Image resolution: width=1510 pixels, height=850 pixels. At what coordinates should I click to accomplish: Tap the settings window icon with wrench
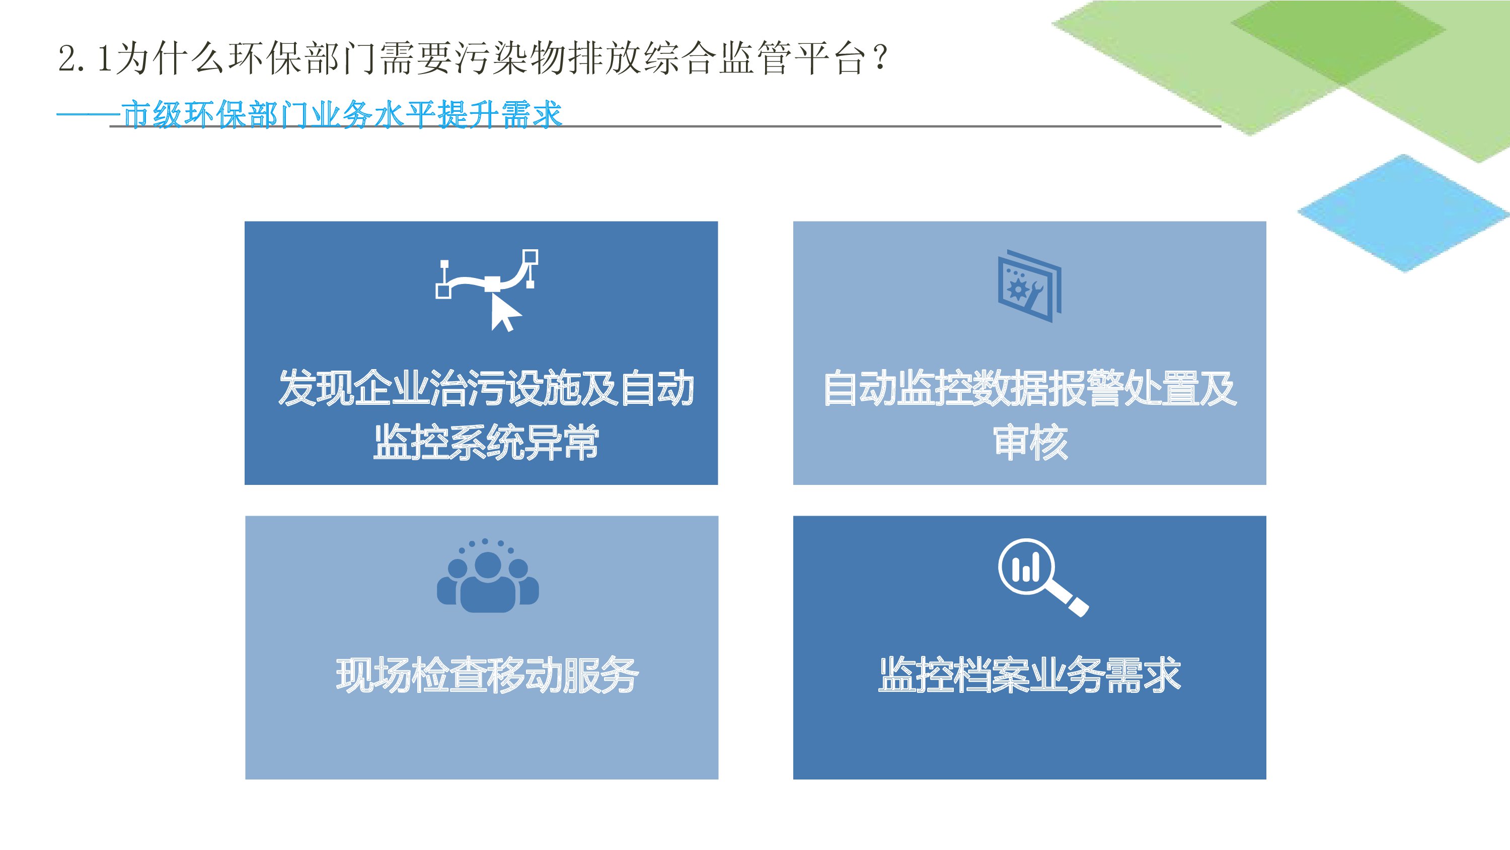(1030, 286)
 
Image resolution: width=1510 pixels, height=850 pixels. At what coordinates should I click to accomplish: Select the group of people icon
(488, 576)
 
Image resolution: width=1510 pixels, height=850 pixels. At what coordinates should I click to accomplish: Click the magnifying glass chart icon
(1043, 577)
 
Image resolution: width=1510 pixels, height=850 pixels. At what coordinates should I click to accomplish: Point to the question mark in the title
(879, 58)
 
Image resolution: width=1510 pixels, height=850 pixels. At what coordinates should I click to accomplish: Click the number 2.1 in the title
(85, 58)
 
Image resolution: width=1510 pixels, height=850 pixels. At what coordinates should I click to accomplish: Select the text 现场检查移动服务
(487, 675)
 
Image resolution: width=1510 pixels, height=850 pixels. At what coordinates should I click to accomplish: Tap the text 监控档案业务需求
(1029, 675)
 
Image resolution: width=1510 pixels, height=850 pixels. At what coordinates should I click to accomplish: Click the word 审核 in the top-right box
(1030, 442)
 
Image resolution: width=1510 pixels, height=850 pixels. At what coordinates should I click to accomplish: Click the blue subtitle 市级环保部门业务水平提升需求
(342, 114)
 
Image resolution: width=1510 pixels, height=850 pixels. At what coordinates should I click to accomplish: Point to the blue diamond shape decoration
(1403, 213)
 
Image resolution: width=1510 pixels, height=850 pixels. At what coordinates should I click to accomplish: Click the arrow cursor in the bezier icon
(505, 313)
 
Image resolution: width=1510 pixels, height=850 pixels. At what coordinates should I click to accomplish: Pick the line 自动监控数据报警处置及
(1030, 388)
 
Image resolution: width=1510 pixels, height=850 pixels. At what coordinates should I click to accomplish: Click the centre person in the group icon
(488, 583)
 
